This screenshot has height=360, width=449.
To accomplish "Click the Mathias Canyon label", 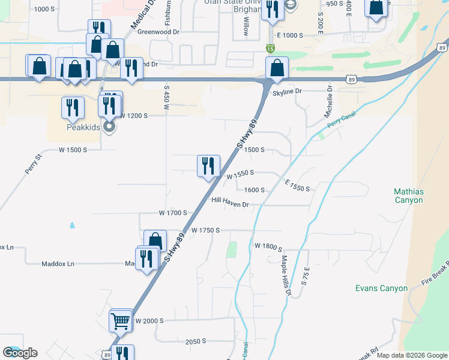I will (x=409, y=196).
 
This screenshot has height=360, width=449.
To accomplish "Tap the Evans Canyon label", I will (x=381, y=289).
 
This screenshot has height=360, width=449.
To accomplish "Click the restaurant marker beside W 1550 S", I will (x=208, y=166).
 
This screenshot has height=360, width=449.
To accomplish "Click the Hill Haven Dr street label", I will (x=230, y=204).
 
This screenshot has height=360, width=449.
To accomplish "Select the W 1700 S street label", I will (x=173, y=213).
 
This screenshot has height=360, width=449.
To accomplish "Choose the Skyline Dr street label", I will (x=286, y=91).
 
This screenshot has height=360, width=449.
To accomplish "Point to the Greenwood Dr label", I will (x=158, y=32).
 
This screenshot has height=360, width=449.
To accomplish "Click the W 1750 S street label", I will (x=206, y=230).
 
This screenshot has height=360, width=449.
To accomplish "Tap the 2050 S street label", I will (x=196, y=341).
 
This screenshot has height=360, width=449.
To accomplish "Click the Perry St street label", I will (x=34, y=164).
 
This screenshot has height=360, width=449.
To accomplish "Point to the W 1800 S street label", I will (x=268, y=246).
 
